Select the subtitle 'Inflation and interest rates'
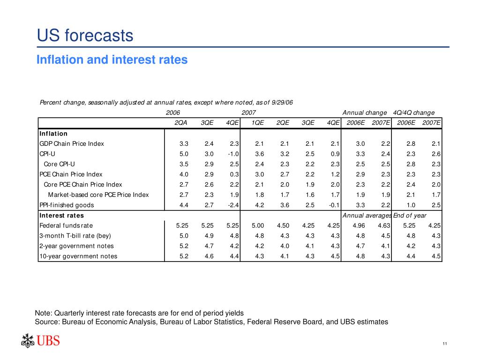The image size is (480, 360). click(x=112, y=60)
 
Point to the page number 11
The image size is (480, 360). click(x=444, y=345)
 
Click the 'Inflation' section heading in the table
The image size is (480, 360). click(x=53, y=134)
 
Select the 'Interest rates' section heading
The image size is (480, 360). click(x=61, y=216)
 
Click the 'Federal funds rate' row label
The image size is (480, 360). click(x=66, y=226)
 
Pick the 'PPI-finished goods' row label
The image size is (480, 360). click(x=67, y=205)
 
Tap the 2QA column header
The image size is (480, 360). click(x=181, y=123)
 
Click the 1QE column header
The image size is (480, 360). click(x=257, y=123)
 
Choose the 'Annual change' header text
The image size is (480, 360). click(x=365, y=112)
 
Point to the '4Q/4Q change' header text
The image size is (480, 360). click(x=414, y=112)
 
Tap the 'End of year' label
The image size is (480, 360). click(x=410, y=216)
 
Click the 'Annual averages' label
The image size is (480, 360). click(x=367, y=216)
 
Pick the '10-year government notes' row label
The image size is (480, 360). click(x=78, y=256)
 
